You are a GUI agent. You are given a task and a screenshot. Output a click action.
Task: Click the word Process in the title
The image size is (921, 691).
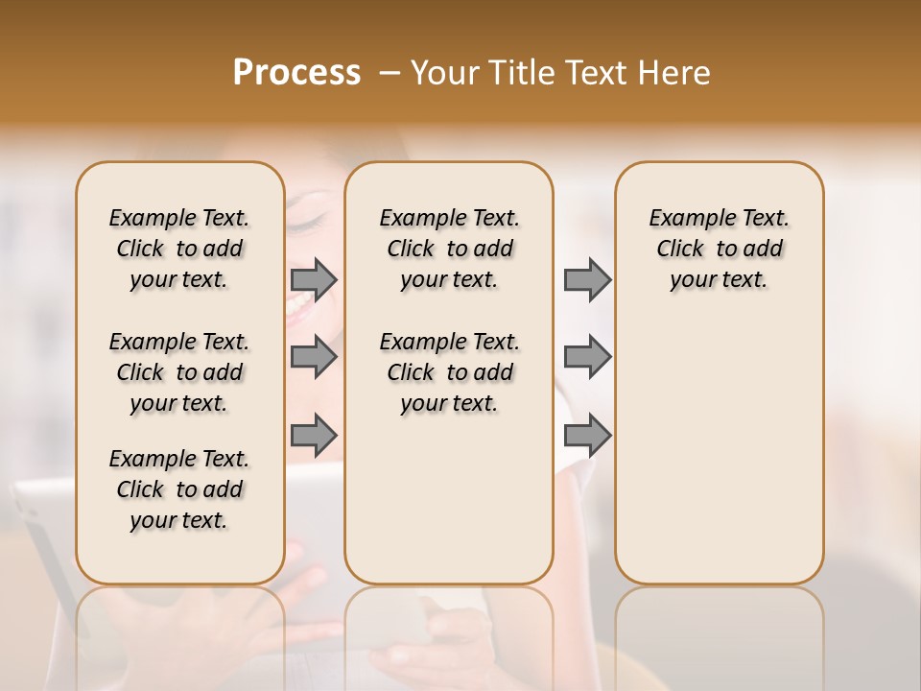pyautogui.click(x=296, y=73)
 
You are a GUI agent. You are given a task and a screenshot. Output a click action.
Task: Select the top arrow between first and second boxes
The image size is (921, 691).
pyautogui.click(x=314, y=279)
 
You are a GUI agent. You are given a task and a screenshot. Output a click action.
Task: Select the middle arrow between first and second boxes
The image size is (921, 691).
pyautogui.click(x=314, y=357)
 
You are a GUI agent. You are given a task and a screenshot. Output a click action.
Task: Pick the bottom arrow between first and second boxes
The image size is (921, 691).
pyautogui.click(x=314, y=436)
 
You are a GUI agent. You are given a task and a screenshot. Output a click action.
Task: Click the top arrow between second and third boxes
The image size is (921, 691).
pyautogui.click(x=587, y=279)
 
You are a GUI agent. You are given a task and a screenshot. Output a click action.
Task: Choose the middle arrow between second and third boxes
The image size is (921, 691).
pyautogui.click(x=587, y=357)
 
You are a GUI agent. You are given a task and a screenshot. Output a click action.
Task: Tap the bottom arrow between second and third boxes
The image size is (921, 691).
pyautogui.click(x=587, y=436)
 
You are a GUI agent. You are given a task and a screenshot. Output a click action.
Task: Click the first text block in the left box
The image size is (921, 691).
pyautogui.click(x=179, y=249)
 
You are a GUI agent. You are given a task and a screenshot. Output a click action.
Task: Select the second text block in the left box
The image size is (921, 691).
pyautogui.click(x=179, y=372)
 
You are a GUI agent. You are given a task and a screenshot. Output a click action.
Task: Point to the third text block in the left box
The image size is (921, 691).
pyautogui.click(x=179, y=489)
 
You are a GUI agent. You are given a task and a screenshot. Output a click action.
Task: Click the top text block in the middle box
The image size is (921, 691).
pyautogui.click(x=449, y=249)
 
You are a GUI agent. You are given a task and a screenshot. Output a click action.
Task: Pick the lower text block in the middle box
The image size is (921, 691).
pyautogui.click(x=449, y=372)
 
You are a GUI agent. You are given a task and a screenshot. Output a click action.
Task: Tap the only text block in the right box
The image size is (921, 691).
pyautogui.click(x=719, y=249)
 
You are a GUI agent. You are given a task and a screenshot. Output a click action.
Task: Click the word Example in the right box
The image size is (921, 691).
pyautogui.click(x=685, y=219)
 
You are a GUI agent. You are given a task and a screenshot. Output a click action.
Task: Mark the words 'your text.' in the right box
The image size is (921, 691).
pyautogui.click(x=719, y=280)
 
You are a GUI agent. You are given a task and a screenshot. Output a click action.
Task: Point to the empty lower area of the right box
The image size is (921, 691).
pyautogui.click(x=719, y=451)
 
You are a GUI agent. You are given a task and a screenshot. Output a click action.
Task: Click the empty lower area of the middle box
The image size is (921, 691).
pyautogui.click(x=449, y=499)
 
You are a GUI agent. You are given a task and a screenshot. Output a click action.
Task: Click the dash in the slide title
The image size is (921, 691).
pyautogui.click(x=390, y=73)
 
